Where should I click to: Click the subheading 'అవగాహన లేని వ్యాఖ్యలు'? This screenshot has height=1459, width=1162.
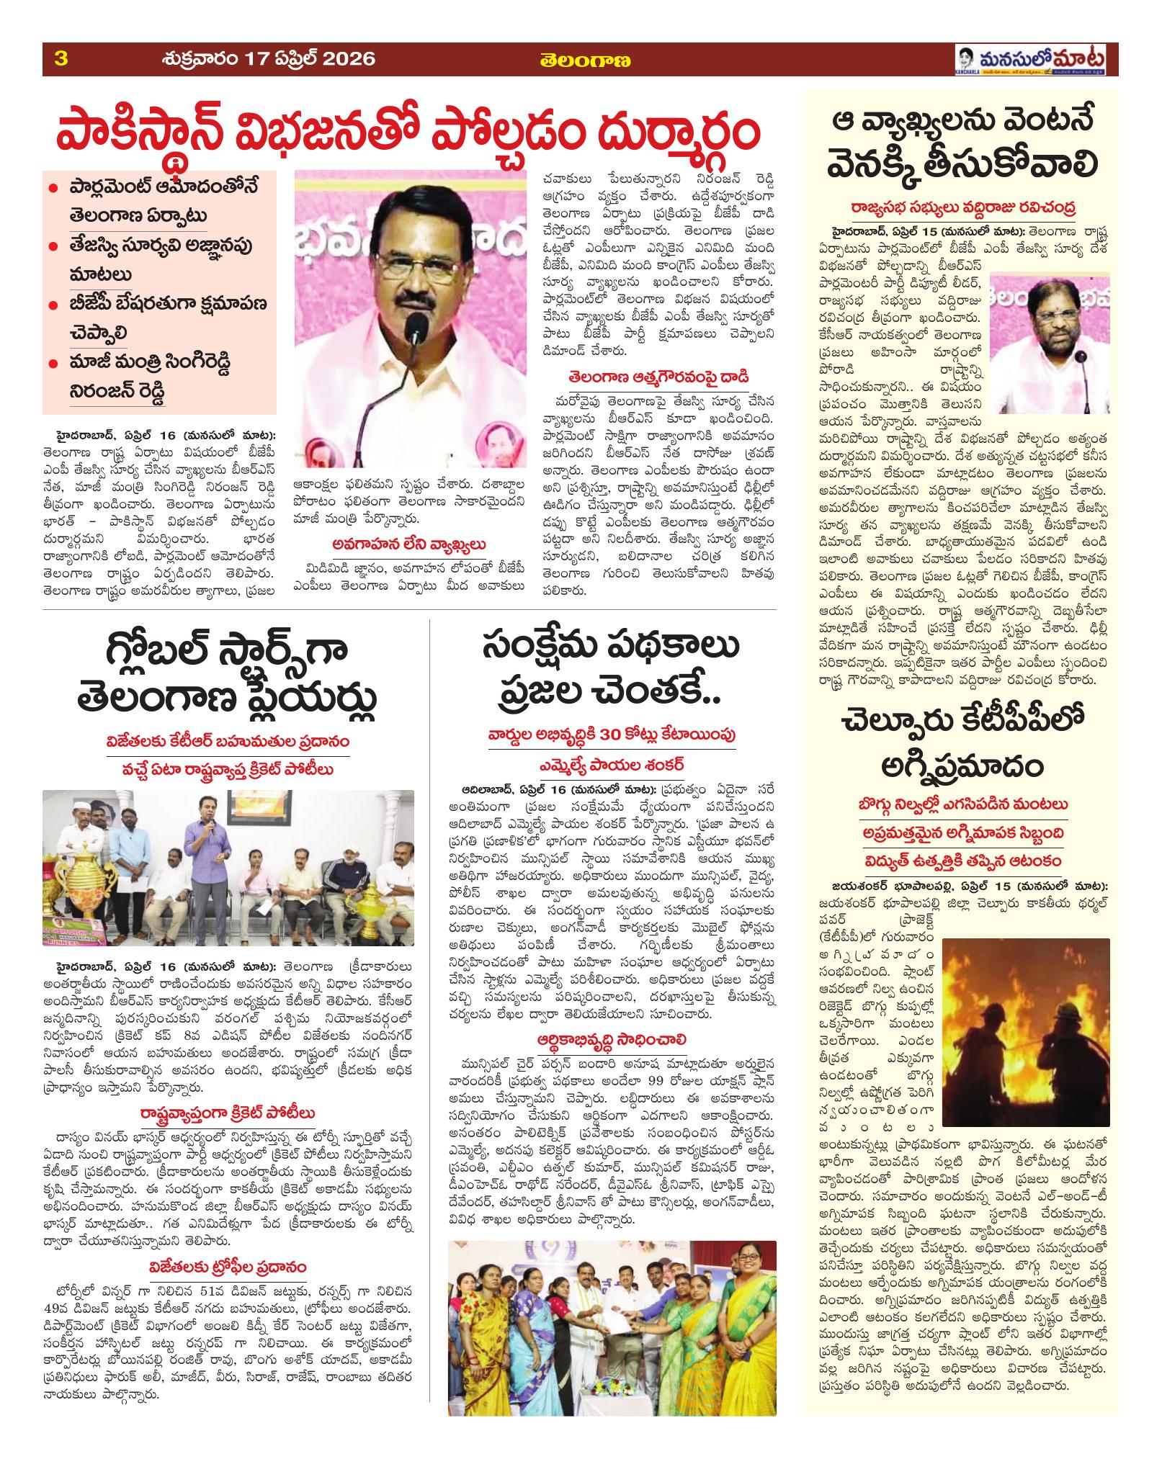click(410, 544)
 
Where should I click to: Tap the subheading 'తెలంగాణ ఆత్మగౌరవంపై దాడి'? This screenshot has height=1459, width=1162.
click(659, 376)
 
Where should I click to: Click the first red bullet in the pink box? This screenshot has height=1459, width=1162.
click(53, 188)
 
